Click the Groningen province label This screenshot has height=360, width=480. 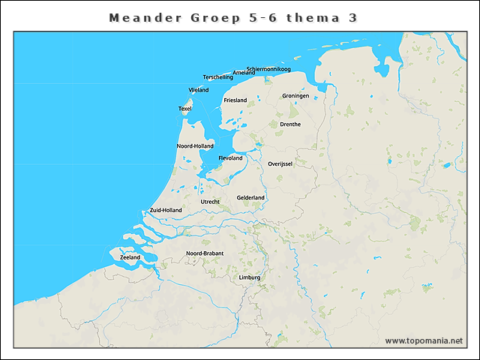click(295, 96)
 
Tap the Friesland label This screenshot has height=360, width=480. click(235, 100)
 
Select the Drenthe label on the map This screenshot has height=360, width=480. click(289, 124)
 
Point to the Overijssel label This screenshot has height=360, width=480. click(280, 163)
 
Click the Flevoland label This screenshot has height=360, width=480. click(230, 158)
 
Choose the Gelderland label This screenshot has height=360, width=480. click(250, 197)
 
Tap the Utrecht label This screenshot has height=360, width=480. click(210, 202)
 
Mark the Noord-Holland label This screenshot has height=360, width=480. click(195, 145)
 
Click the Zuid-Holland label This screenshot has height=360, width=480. click(166, 210)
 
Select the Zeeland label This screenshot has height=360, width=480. click(130, 257)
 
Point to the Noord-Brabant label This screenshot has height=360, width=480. click(205, 253)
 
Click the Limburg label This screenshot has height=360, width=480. click(249, 277)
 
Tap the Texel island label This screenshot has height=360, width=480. click(185, 109)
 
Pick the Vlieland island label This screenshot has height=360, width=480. click(199, 90)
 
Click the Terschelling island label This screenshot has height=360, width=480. click(217, 77)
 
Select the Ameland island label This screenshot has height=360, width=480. click(244, 73)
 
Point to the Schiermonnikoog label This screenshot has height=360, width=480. click(268, 69)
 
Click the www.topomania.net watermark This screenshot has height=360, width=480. click(424, 340)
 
